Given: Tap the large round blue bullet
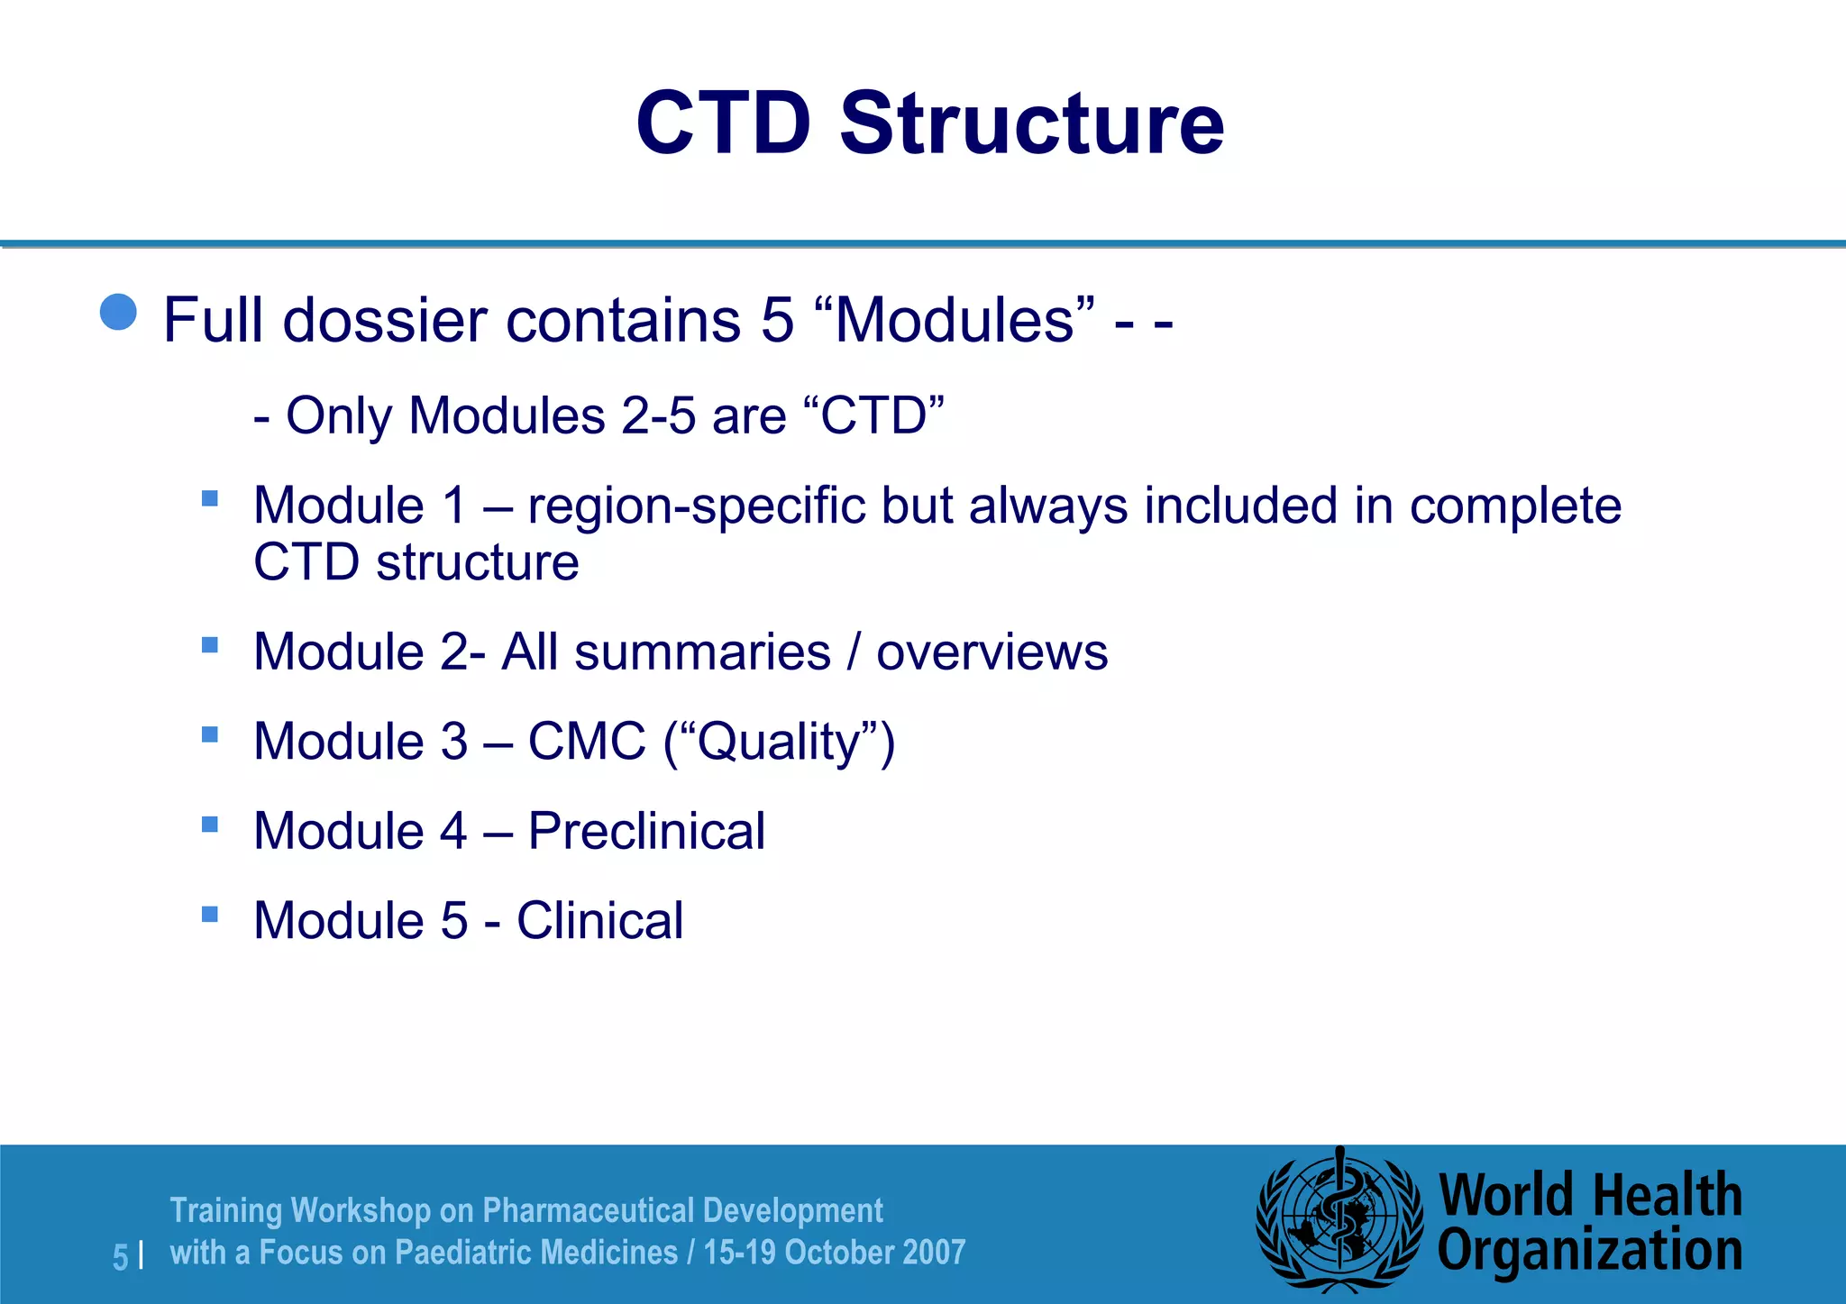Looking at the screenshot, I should [118, 313].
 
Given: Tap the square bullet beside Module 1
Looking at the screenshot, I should [210, 498].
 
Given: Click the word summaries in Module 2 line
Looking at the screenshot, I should [702, 652].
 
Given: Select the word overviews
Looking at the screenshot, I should [992, 652].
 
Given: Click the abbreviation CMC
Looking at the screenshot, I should [587, 742].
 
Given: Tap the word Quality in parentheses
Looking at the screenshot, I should [779, 743].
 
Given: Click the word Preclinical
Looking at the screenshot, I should [645, 831].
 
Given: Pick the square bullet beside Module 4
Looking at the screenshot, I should [210, 824].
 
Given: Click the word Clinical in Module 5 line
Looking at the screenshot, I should [599, 921].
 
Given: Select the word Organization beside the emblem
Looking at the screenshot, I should [1589, 1252].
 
